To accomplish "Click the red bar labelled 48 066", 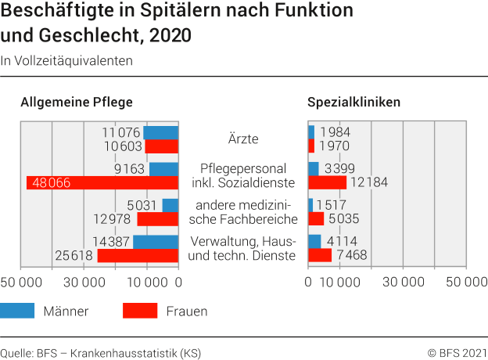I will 102,183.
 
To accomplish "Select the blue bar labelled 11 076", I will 161,132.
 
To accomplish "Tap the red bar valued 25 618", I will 138,255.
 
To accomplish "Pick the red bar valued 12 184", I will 327,183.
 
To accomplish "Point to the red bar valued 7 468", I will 320,255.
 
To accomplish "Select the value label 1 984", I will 335,131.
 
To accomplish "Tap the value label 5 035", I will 343,218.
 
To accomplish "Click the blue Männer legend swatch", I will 17,311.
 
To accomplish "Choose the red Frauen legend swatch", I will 141,311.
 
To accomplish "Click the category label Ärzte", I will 242,139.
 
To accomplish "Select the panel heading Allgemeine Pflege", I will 77,102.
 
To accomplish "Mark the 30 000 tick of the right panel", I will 404,282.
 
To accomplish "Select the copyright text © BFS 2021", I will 457,353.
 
